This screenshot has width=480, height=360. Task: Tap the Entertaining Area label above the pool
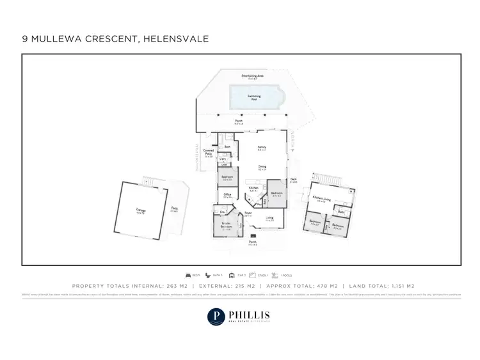click(x=253, y=76)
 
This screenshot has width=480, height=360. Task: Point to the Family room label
click(x=262, y=148)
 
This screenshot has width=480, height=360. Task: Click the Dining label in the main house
click(x=262, y=167)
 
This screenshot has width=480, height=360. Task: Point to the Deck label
click(x=293, y=180)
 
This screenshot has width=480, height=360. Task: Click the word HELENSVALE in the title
click(x=175, y=39)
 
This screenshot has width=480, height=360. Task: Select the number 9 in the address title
click(x=25, y=39)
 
